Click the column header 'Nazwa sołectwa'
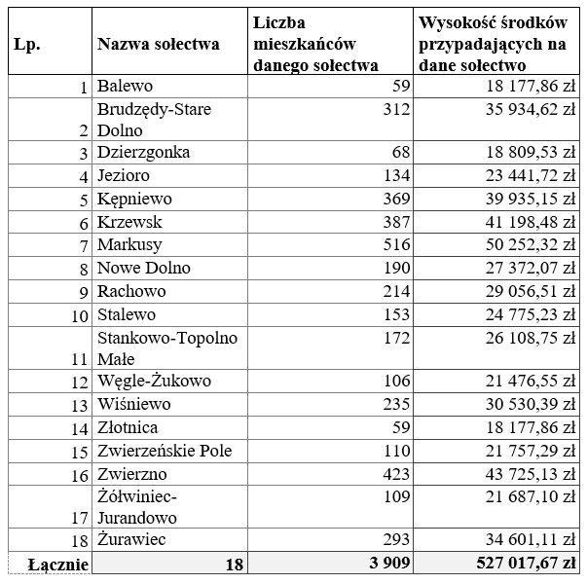click(x=158, y=44)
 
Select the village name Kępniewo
click(x=134, y=199)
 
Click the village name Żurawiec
click(x=130, y=539)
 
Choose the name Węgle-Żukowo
click(x=154, y=381)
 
